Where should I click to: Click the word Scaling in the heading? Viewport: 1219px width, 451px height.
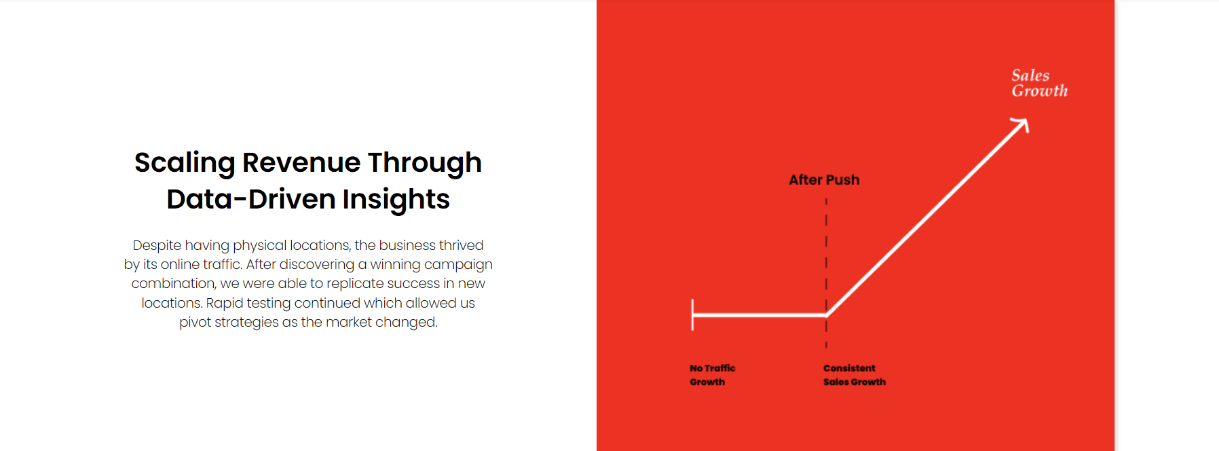185,164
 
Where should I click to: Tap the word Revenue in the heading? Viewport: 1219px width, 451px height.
301,162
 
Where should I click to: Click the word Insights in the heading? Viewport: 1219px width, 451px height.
396,199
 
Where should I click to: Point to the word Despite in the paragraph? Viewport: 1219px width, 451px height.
157,246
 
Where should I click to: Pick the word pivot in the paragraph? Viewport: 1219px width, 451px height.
195,323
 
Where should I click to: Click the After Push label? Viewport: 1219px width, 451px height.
824,180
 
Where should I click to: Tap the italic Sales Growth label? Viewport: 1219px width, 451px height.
1039,83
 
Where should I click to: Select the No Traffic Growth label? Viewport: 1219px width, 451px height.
712,375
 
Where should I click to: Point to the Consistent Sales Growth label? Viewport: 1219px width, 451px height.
855,375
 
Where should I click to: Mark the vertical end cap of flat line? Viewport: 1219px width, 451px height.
692,315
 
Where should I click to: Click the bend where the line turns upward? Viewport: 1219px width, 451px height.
827,315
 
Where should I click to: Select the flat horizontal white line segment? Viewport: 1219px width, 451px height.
759,315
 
